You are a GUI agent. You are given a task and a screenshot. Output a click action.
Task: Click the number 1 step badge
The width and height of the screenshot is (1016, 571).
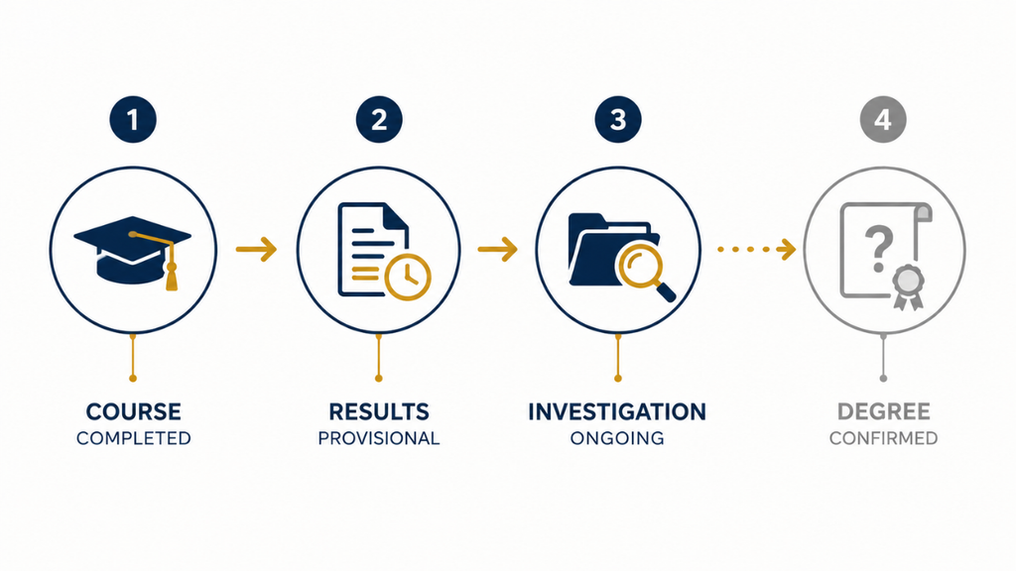[x=133, y=120]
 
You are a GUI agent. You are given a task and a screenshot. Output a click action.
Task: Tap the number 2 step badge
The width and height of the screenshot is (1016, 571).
[x=379, y=120]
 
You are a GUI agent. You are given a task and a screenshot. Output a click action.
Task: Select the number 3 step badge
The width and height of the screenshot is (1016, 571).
[x=618, y=120]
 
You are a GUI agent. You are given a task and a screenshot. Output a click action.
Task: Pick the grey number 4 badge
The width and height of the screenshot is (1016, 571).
[x=883, y=120]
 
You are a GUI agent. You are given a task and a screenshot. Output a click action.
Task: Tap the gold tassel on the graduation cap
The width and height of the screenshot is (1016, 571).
[x=171, y=276]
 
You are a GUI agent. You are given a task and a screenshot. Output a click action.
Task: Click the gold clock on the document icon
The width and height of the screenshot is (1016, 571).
[x=408, y=278]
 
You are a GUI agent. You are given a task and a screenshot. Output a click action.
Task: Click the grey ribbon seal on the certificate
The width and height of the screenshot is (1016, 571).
[x=908, y=287]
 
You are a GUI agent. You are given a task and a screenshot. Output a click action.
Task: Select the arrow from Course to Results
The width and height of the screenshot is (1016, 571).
[x=257, y=249]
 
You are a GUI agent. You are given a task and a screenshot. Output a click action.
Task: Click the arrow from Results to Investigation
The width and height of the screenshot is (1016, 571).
[x=498, y=249]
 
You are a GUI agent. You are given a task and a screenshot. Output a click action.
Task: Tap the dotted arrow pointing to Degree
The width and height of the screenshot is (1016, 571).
[x=757, y=249]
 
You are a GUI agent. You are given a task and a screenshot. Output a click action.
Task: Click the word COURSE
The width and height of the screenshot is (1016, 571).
[x=134, y=411]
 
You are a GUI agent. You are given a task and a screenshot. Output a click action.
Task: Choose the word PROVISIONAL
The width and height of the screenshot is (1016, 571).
[x=379, y=438]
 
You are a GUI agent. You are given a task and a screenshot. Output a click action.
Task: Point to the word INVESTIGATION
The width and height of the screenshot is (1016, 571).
[x=617, y=411]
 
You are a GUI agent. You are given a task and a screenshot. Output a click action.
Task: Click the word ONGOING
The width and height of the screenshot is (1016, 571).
[x=617, y=438]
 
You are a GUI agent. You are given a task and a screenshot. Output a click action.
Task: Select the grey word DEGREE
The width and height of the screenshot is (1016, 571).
[x=884, y=411]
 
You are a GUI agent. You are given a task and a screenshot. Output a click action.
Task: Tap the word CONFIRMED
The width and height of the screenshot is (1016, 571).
[x=884, y=438]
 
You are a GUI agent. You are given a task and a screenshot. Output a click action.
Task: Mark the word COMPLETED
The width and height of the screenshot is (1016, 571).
[x=134, y=438]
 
